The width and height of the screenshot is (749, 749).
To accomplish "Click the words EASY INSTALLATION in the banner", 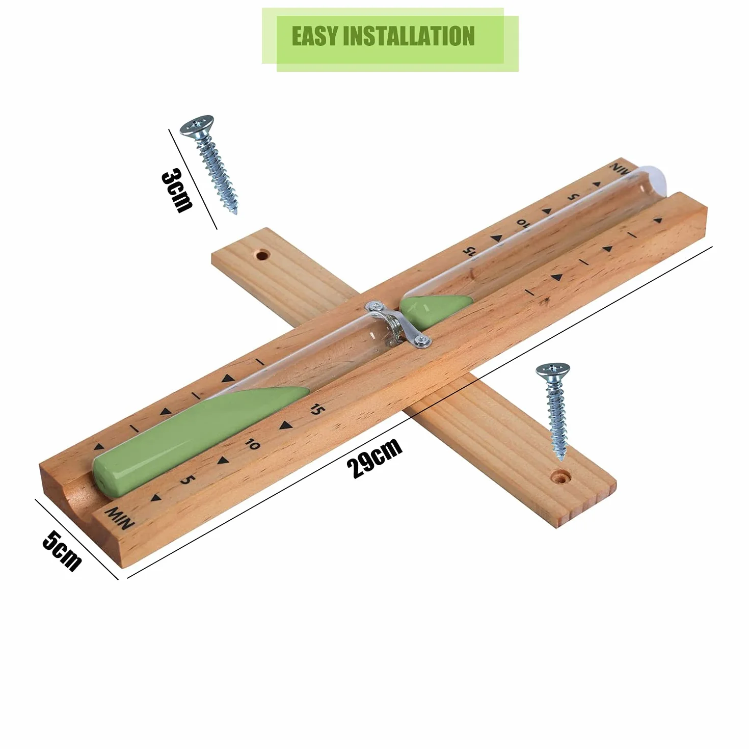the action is [383, 36].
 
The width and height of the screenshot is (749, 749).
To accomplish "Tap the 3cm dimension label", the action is [177, 191].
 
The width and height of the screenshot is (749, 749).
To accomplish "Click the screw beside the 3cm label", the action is [209, 164].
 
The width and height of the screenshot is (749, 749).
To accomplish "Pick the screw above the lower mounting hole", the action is [554, 412].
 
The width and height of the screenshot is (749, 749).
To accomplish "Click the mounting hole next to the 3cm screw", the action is [262, 256].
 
